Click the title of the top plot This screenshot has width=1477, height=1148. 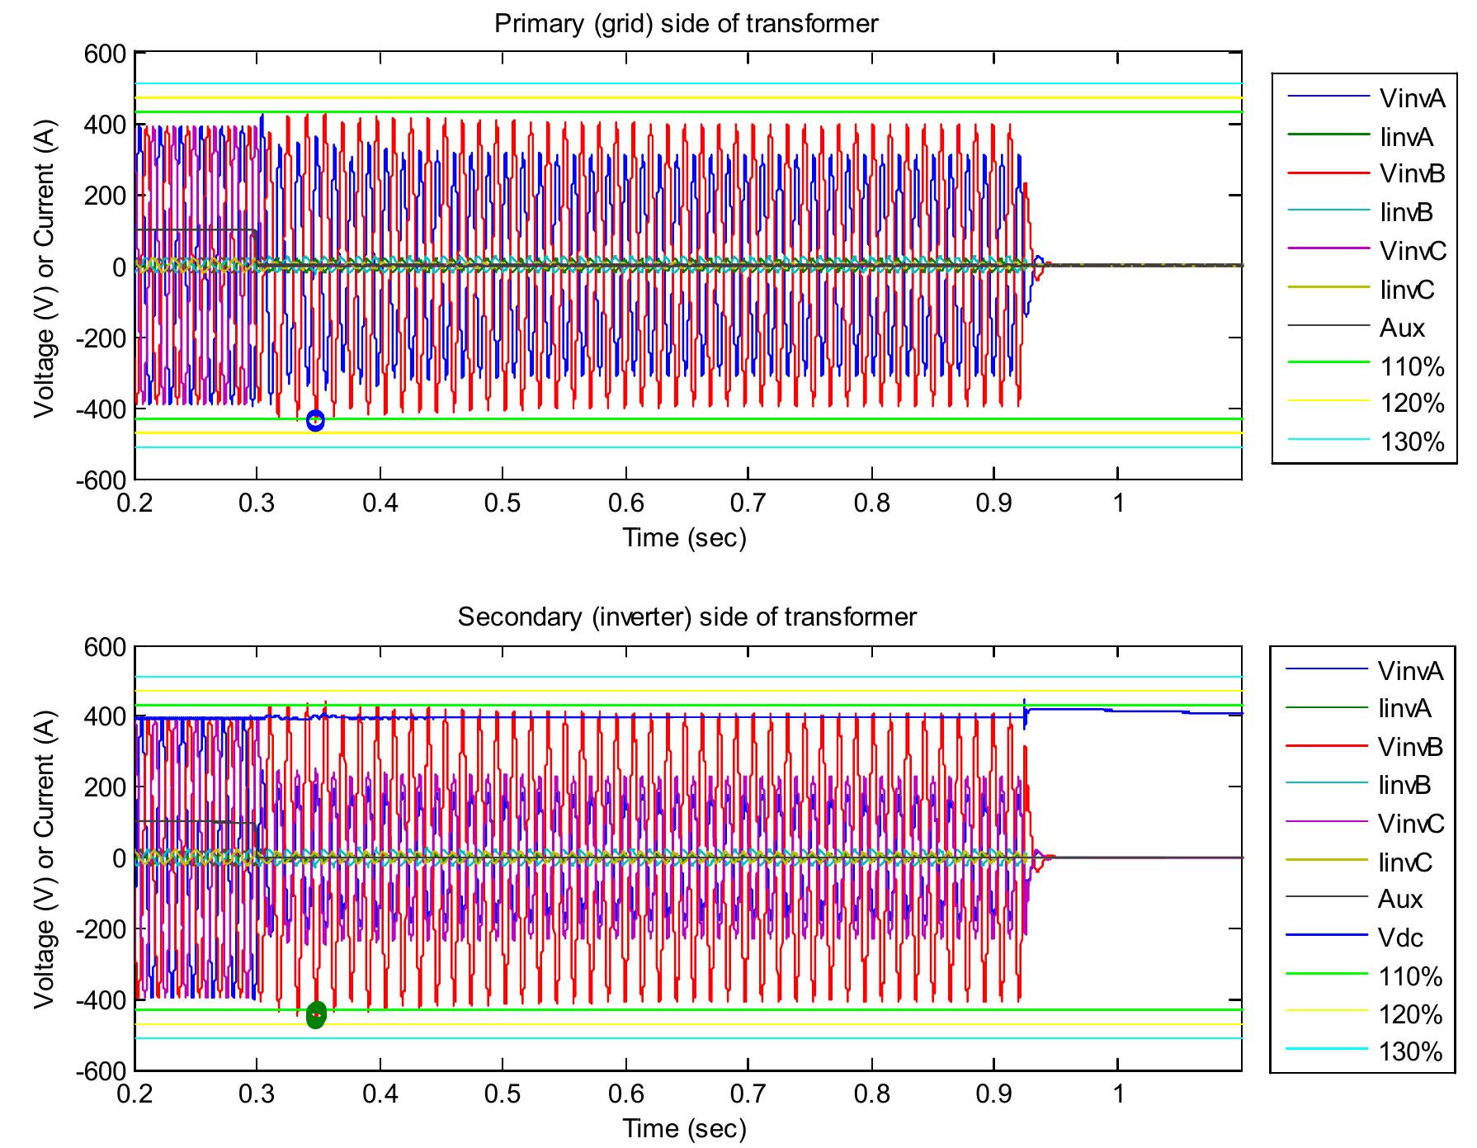(686, 23)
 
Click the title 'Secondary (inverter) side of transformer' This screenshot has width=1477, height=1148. (687, 617)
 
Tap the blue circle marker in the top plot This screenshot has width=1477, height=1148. (315, 421)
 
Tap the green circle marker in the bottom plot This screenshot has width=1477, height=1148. (316, 1015)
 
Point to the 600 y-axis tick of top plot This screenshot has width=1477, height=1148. (106, 54)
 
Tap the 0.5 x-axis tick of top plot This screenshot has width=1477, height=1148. (503, 503)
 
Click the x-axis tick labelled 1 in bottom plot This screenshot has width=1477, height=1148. (1118, 1094)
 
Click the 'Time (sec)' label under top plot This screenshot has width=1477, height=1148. (684, 538)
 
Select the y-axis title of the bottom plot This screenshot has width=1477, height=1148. (46, 858)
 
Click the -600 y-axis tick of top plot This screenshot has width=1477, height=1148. (101, 481)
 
